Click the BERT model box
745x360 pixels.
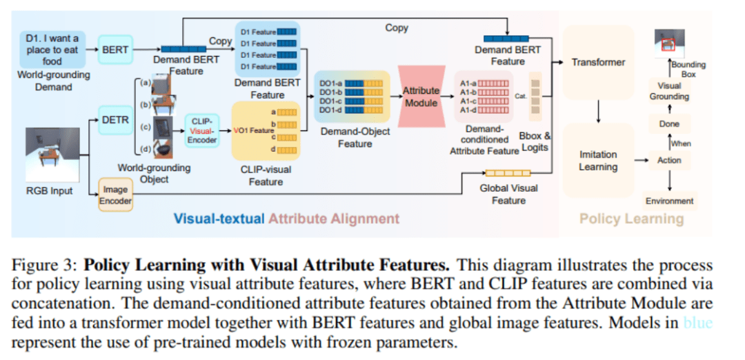coord(115,50)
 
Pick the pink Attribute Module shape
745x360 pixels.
coord(421,97)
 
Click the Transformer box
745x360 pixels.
coord(598,62)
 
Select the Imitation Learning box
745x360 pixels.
coord(598,161)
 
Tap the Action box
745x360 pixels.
coord(669,160)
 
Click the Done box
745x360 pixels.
coord(669,124)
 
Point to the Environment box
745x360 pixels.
coord(669,201)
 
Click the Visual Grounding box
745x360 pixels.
coord(669,91)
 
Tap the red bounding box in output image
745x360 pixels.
coord(667,46)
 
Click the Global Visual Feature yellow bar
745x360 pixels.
coord(508,173)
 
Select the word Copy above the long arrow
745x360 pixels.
coord(397,28)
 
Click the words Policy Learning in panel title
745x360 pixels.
coord(631,219)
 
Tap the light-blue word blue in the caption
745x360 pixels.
coord(697,322)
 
